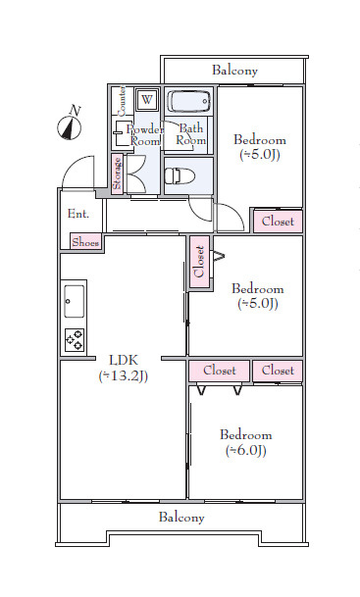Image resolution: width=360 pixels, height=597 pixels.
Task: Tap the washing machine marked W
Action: [x=147, y=100]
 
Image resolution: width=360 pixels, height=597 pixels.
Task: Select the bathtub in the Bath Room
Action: [x=189, y=101]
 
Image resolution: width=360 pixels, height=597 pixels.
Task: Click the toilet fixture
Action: [x=180, y=176]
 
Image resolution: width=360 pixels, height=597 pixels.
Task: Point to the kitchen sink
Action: [x=74, y=301]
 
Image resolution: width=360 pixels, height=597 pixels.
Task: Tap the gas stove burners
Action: [x=75, y=340]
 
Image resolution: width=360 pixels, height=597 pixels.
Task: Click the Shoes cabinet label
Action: [x=85, y=242]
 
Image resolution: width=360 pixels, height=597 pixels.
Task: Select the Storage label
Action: [x=118, y=174]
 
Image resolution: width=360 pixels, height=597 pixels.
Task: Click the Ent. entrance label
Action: [x=78, y=214]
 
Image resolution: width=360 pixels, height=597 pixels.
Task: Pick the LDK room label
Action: [x=124, y=360]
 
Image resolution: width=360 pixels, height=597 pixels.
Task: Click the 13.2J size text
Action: [x=124, y=376]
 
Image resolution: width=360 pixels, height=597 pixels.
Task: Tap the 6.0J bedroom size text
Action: [x=245, y=451]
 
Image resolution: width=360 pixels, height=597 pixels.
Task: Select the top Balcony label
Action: [x=234, y=71]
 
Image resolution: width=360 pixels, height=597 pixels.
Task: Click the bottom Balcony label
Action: [x=181, y=518]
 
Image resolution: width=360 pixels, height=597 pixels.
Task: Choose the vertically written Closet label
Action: [x=199, y=262]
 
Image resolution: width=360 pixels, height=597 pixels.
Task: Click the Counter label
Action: [x=122, y=101]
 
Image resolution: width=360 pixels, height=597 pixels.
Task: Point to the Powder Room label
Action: [x=145, y=135]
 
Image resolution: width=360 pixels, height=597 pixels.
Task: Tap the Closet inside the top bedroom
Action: [x=278, y=222]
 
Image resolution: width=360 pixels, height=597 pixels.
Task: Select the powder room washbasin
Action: [x=123, y=133]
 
